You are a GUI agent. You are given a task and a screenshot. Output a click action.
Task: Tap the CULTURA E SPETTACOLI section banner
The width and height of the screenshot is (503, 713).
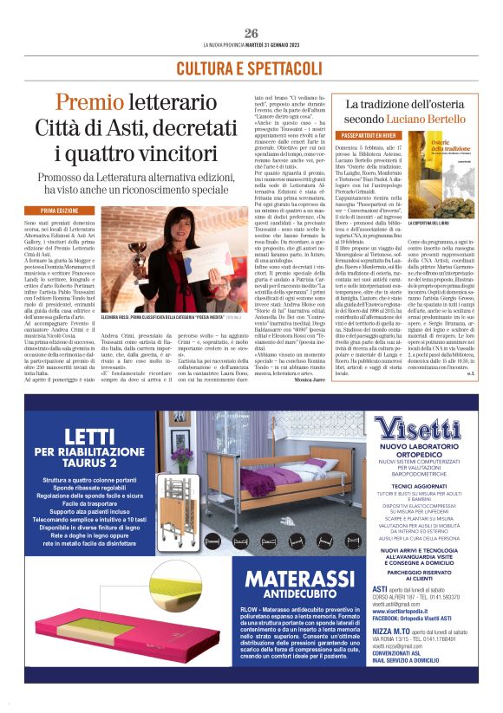pyautogui.click(x=251, y=68)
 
